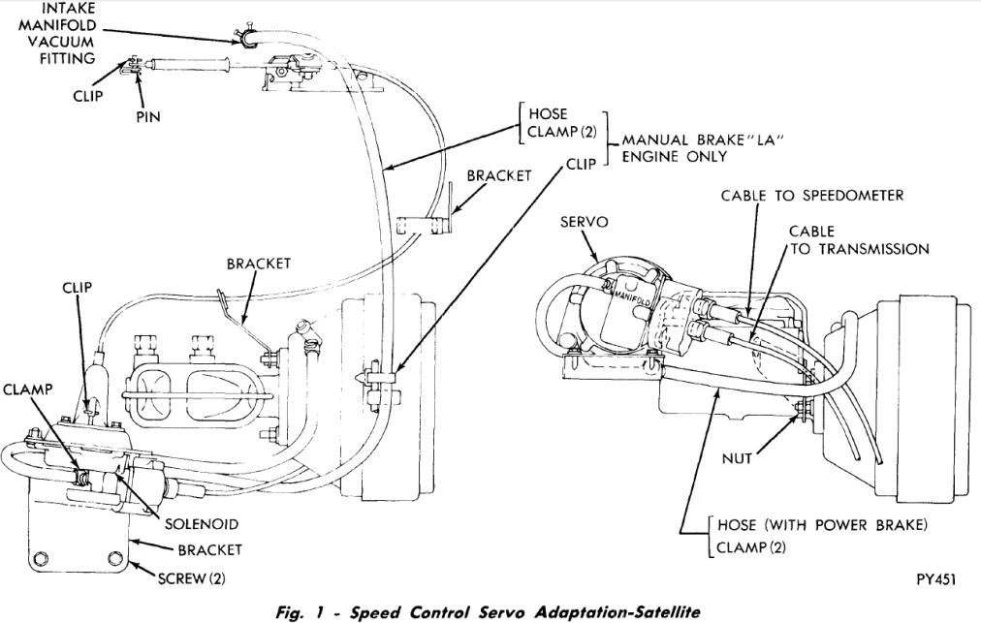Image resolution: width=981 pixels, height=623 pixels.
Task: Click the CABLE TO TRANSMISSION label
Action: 858,240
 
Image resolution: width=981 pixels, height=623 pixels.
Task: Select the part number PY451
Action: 935,579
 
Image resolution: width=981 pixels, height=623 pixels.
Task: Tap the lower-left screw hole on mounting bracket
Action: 41,557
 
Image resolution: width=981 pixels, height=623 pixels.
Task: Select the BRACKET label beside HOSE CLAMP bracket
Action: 499,176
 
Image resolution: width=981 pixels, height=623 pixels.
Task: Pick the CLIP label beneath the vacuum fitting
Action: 88,96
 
